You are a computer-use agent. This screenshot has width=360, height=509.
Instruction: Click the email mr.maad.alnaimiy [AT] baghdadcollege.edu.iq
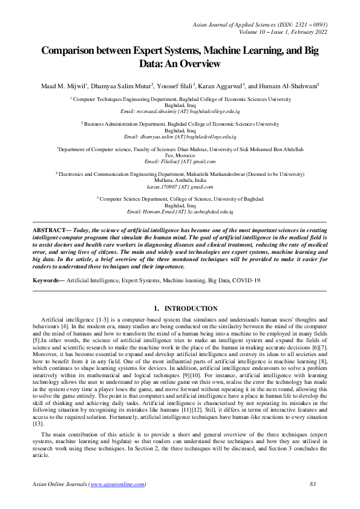point(180,112)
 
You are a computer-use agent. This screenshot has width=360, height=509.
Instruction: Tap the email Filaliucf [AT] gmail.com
point(180,161)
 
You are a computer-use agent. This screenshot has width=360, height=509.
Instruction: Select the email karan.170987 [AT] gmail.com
point(180,187)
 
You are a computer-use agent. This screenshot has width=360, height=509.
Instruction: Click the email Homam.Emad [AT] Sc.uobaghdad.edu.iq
point(180,212)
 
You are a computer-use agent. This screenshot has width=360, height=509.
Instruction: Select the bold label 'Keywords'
point(46,280)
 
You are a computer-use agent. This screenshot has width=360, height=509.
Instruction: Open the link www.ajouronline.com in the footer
point(117,484)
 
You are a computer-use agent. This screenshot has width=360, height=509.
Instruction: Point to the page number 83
point(313,484)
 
